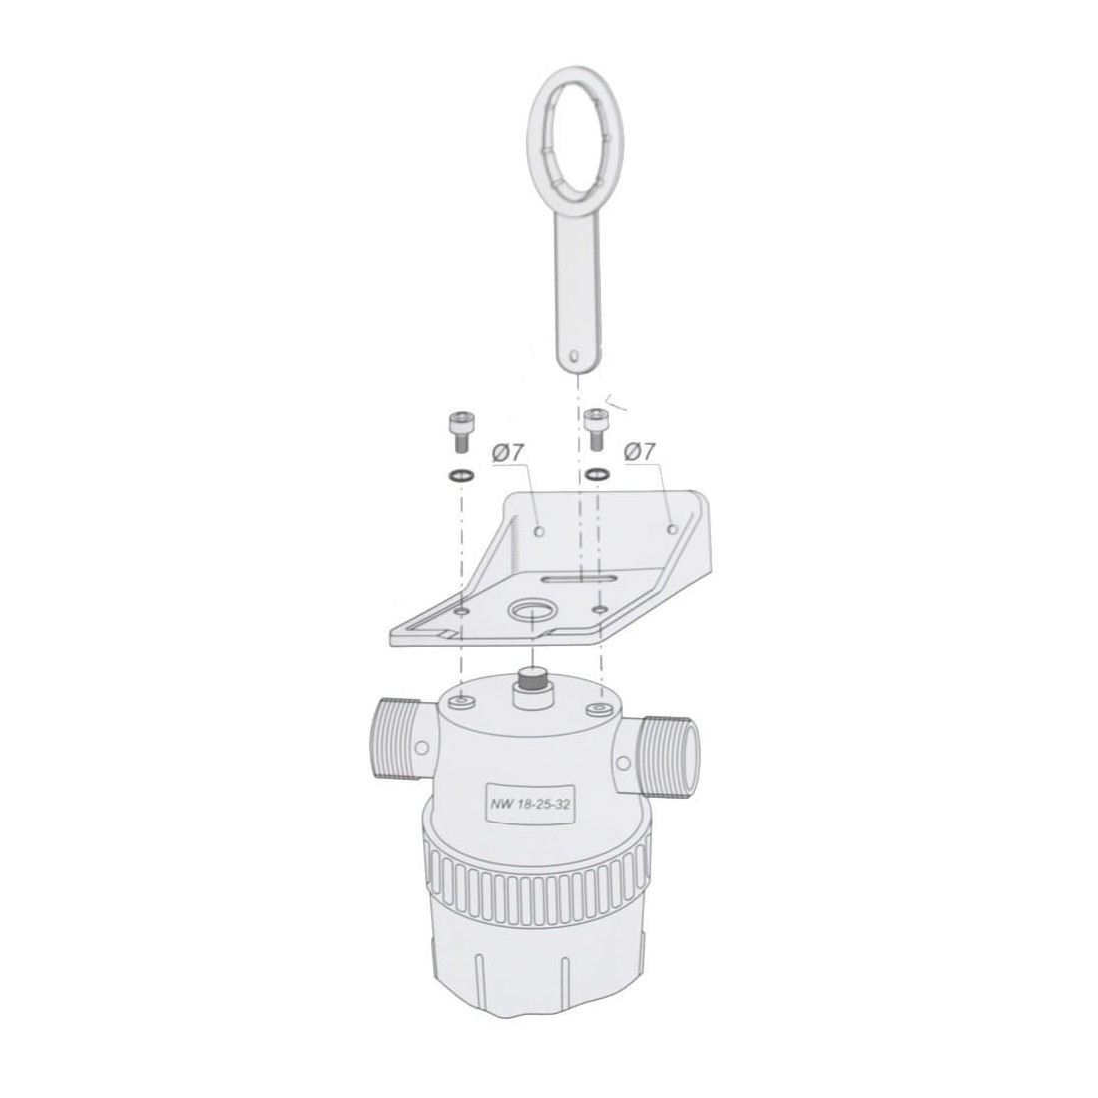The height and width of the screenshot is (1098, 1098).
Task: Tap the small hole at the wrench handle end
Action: pos(574,355)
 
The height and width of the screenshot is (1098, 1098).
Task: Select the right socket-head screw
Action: pos(596,429)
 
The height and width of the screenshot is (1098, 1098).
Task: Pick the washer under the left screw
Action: pos(460,476)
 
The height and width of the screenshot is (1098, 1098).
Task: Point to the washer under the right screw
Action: pos(597,474)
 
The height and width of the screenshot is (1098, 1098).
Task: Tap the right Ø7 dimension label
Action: pos(639,451)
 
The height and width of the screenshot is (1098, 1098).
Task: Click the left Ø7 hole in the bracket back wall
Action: pos(538,531)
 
